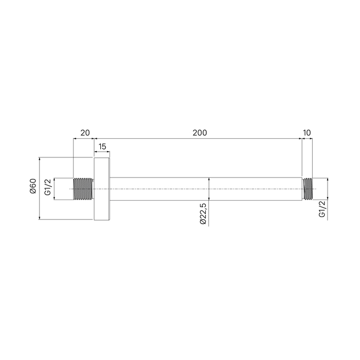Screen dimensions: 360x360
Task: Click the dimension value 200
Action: point(200,133)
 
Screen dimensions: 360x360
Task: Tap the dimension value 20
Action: point(85,133)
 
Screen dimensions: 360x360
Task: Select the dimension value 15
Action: point(102,147)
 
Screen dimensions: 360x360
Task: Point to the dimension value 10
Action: point(307,133)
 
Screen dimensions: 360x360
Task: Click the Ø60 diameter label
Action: point(33,186)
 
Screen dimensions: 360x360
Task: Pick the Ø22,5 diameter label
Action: point(203,214)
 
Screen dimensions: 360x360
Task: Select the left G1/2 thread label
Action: point(48,187)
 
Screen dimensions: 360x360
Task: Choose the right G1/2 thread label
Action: point(322,209)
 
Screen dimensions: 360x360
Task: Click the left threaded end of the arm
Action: point(83,189)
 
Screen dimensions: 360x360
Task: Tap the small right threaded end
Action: point(308,189)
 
